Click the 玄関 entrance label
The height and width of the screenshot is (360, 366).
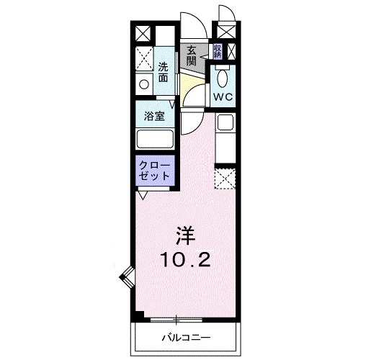[x=192, y=55]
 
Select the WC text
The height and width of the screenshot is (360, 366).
[x=222, y=95]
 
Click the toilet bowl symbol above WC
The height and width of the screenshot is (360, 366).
[x=223, y=76]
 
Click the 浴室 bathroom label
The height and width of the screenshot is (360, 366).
[x=154, y=114]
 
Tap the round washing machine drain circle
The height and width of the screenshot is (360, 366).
[x=143, y=84]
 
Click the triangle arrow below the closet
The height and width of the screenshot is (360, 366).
[x=143, y=194]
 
